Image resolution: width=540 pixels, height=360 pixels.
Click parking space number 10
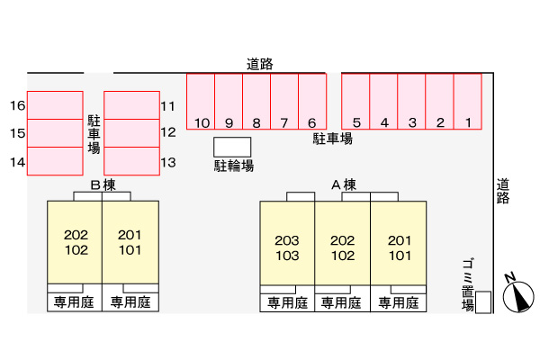coord(201,102)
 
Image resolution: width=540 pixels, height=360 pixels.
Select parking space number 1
coord(468,102)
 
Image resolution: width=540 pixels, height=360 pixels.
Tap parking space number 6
coord(311,102)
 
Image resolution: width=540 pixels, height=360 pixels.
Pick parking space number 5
coord(356,102)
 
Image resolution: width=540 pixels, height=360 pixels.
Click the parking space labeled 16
coord(54,105)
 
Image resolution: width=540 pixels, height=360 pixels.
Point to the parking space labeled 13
coord(131,161)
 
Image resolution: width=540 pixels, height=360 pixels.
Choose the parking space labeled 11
coord(131,105)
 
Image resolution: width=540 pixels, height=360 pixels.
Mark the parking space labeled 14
coord(54,161)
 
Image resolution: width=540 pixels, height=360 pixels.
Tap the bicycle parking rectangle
coord(232,147)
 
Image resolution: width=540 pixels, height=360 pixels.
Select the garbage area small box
coord(483,303)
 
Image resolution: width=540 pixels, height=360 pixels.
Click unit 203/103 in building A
coord(287,247)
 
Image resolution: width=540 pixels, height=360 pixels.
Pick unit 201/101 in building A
coord(399,247)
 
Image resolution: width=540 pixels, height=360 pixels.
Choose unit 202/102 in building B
coord(75,241)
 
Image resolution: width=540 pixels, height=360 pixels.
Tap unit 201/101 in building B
coord(130,241)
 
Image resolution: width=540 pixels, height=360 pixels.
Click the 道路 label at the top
coord(260,64)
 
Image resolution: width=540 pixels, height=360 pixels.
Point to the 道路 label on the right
coord(503,192)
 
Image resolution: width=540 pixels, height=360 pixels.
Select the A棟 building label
coord(343,185)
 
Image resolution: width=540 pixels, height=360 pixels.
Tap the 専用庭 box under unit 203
coord(287,302)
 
